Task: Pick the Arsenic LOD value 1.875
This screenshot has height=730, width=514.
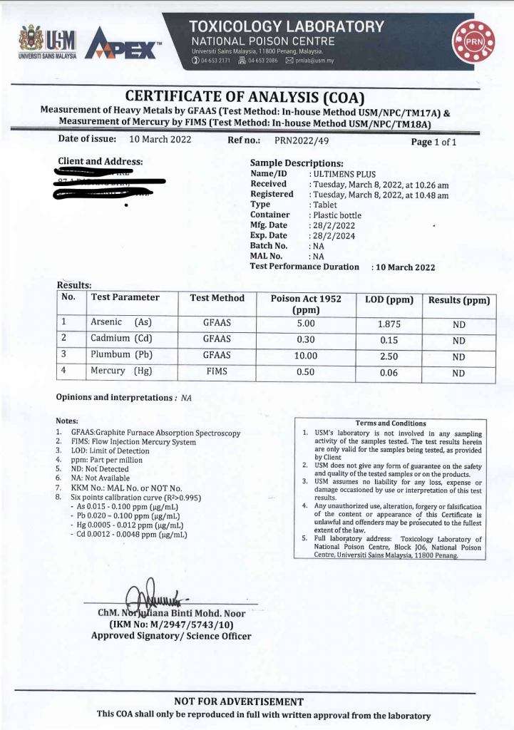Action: click(389, 324)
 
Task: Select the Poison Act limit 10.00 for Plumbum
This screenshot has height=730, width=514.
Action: click(306, 356)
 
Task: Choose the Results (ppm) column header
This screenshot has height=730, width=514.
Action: click(459, 300)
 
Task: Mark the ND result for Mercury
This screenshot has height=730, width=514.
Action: click(458, 373)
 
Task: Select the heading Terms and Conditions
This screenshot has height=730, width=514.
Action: click(390, 423)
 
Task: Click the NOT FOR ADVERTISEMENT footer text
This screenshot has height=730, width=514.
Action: click(239, 702)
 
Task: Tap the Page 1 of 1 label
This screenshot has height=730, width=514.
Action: click(433, 142)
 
